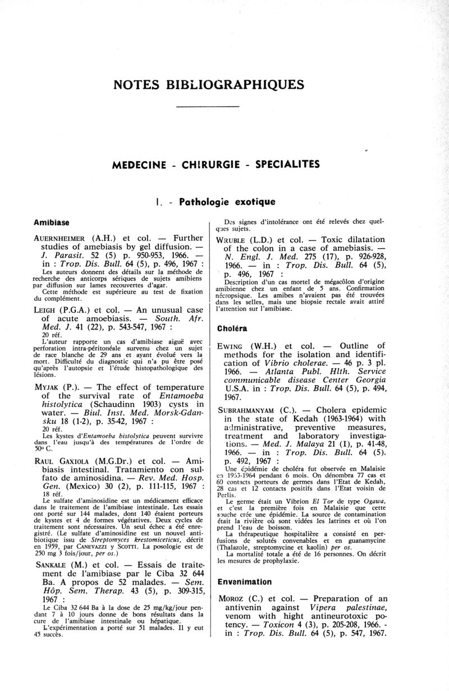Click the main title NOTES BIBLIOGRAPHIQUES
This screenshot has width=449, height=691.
tap(208, 85)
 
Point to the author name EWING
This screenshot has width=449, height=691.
tap(234, 345)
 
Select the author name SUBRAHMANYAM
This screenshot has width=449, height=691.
tap(254, 411)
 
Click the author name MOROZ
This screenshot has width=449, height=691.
tap(236, 598)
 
